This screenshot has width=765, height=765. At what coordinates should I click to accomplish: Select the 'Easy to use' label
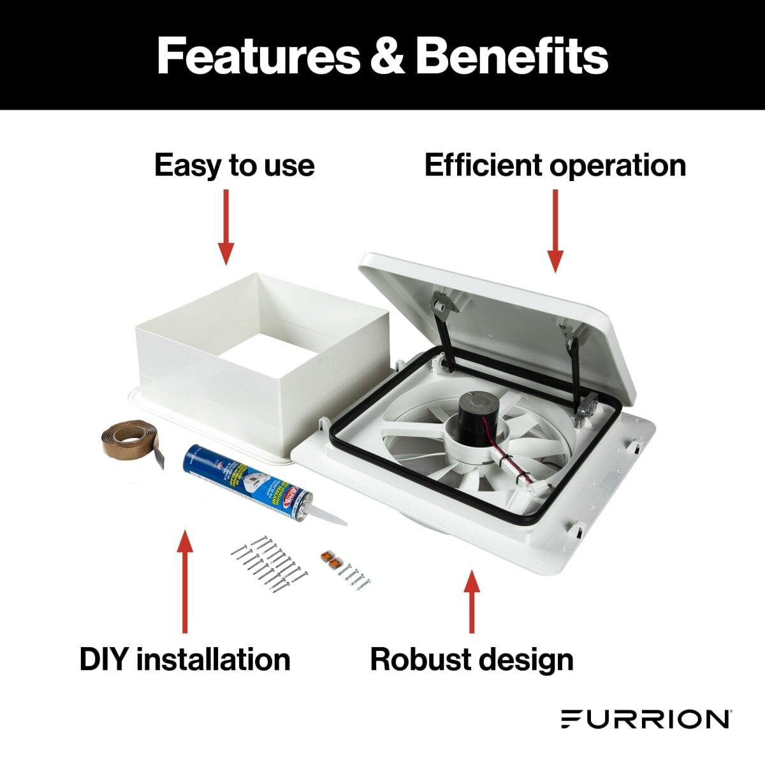pyautogui.click(x=234, y=165)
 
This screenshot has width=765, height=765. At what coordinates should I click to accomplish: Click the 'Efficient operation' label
pyautogui.click(x=555, y=165)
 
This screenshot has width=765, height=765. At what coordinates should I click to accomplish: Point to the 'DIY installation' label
pyautogui.click(x=185, y=659)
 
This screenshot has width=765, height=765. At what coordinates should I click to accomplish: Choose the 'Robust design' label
pyautogui.click(x=472, y=659)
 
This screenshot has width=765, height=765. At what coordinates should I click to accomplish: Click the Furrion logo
pyautogui.click(x=646, y=718)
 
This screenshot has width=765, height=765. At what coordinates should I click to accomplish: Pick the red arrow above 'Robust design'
pyautogui.click(x=472, y=599)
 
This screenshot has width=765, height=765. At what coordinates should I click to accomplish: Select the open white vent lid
pyautogui.click(x=504, y=319)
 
